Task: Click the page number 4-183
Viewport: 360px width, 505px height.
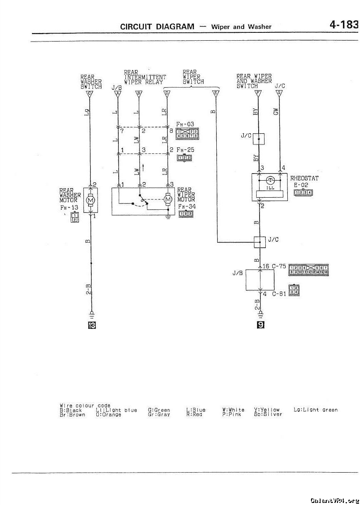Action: coord(343,25)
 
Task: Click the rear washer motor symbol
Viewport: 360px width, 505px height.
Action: coord(90,201)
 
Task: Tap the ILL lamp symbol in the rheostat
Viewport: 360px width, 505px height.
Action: coord(270,181)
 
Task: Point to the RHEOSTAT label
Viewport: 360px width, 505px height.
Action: coord(304,179)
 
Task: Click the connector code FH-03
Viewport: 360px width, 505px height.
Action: coord(185,124)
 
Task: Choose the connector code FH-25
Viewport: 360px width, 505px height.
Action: coord(185,150)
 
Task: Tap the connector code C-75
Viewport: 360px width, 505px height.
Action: coord(279,266)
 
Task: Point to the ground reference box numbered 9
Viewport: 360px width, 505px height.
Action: coord(260,324)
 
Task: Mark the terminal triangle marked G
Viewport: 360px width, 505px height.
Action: coord(279,93)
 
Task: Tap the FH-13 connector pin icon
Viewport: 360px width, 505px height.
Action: coord(75,217)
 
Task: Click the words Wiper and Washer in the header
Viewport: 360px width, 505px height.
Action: coord(241,27)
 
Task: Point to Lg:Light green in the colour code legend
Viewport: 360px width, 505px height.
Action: coord(316,410)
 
